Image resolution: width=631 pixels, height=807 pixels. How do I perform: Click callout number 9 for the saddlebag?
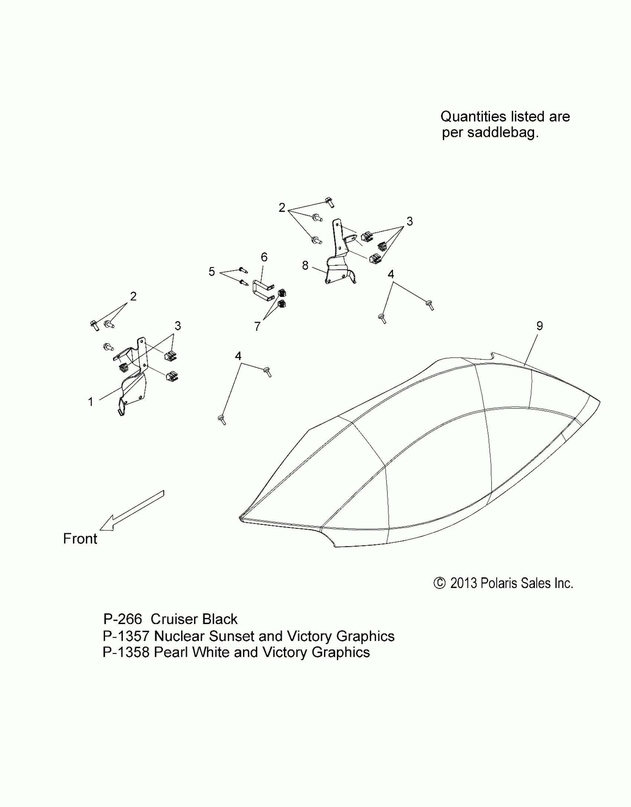point(539,326)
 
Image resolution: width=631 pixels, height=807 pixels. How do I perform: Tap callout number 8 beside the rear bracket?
point(305,266)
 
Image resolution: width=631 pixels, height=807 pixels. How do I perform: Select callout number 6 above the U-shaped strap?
point(264,257)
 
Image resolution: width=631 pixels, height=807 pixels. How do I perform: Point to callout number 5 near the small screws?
point(212,272)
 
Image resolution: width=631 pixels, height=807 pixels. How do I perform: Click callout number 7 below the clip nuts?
point(257,327)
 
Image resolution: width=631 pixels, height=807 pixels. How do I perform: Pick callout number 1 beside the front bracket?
point(91,402)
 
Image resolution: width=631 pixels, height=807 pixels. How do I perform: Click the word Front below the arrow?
point(80,539)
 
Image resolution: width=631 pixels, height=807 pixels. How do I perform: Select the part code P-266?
point(122,619)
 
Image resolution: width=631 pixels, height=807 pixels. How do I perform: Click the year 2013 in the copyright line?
point(463,583)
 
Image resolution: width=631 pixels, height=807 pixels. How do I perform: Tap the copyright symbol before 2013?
point(439,583)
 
